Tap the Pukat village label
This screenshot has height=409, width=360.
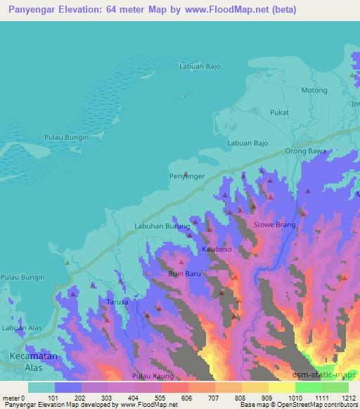pyautogui.click(x=280, y=112)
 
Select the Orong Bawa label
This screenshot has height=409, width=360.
pyautogui.click(x=305, y=151)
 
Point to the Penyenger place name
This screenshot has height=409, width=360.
pyautogui.click(x=187, y=176)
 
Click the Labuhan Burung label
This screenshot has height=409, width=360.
pyautogui.click(x=162, y=226)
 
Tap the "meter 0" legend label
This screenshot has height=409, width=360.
pyautogui.click(x=14, y=398)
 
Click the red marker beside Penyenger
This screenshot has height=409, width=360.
pyautogui.click(x=186, y=174)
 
